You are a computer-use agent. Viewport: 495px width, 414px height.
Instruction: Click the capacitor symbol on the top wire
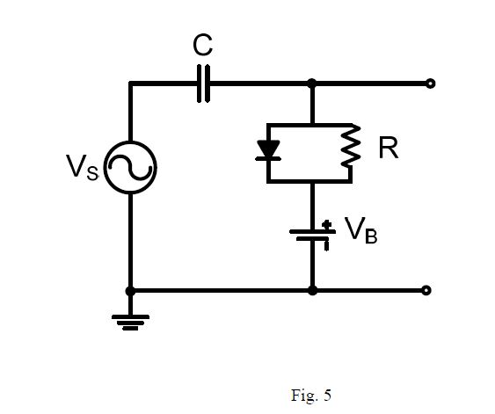pyautogui.click(x=204, y=84)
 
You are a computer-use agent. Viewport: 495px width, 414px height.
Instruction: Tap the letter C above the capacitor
pyautogui.click(x=203, y=46)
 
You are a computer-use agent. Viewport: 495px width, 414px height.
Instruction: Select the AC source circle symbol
pyautogui.click(x=130, y=168)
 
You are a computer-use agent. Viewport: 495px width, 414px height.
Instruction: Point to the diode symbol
pyautogui.click(x=267, y=151)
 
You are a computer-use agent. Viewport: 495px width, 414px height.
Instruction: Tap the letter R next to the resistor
pyautogui.click(x=388, y=149)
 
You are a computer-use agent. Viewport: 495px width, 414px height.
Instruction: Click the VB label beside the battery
pyautogui.click(x=360, y=232)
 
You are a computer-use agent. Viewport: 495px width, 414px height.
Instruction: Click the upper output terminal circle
pyautogui.click(x=429, y=84)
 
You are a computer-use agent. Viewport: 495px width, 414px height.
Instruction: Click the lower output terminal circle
pyautogui.click(x=427, y=290)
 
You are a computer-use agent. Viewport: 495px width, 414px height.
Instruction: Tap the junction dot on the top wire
pyautogui.click(x=312, y=84)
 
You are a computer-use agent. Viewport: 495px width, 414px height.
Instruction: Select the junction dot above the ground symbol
pyautogui.click(x=130, y=290)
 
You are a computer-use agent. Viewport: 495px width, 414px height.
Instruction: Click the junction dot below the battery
pyautogui.click(x=312, y=290)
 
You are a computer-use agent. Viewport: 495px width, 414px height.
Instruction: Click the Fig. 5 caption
pyautogui.click(x=311, y=395)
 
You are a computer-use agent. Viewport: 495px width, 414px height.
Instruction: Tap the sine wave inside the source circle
pyautogui.click(x=130, y=168)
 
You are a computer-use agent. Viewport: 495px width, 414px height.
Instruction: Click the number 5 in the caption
pyautogui.click(x=327, y=395)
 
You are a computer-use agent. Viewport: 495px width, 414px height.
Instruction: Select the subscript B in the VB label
pyautogui.click(x=371, y=237)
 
